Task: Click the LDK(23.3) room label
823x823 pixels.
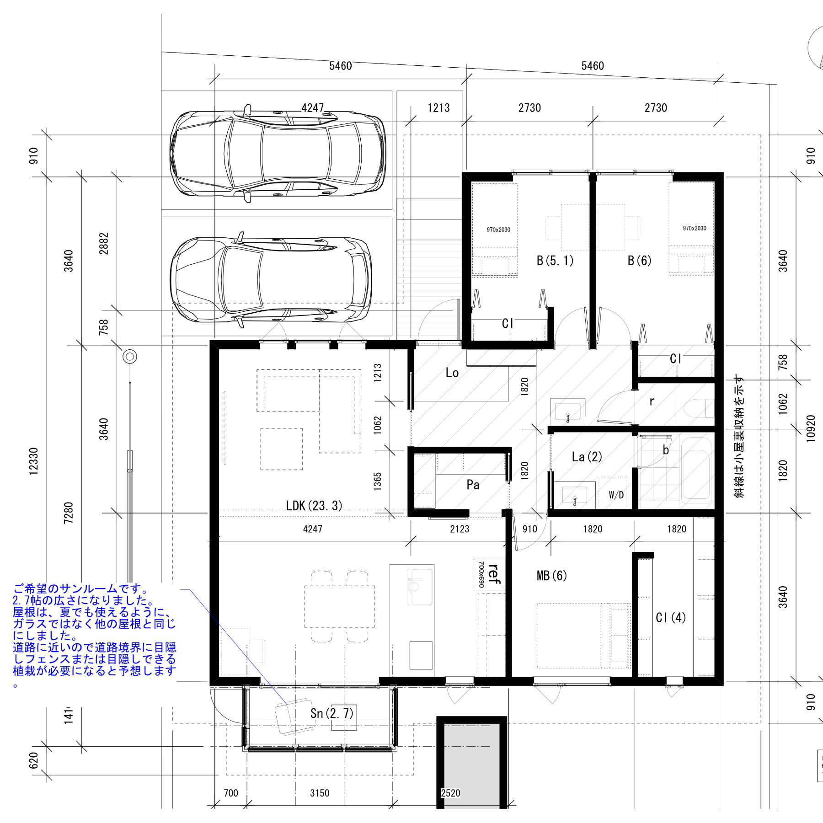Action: [314, 506]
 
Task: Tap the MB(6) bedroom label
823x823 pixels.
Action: [551, 576]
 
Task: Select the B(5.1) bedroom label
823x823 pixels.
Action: [555, 261]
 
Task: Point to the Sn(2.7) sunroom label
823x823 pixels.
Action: [332, 713]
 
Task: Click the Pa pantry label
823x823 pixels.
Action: [473, 485]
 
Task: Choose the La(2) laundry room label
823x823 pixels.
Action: [587, 457]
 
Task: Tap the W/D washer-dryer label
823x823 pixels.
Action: [616, 495]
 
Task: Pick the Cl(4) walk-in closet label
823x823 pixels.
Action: [671, 618]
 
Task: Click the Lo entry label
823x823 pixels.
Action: [452, 373]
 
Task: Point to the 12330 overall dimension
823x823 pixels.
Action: [33, 461]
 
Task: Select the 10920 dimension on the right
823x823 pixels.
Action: [811, 428]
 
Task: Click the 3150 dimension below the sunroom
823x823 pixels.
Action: [320, 793]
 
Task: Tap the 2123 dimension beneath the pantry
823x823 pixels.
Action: [460, 529]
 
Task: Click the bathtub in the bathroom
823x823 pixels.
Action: [696, 469]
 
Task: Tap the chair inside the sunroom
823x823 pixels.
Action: [294, 716]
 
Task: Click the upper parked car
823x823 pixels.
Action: [278, 153]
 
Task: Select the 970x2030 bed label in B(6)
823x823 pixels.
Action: [695, 228]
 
